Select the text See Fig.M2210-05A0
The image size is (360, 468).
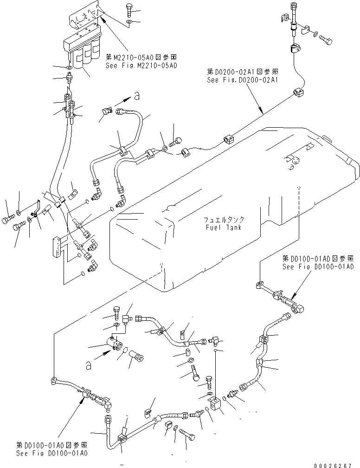pos(141,65)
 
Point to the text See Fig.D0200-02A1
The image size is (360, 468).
pos(243,80)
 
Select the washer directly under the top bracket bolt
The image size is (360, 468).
pos(130,22)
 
